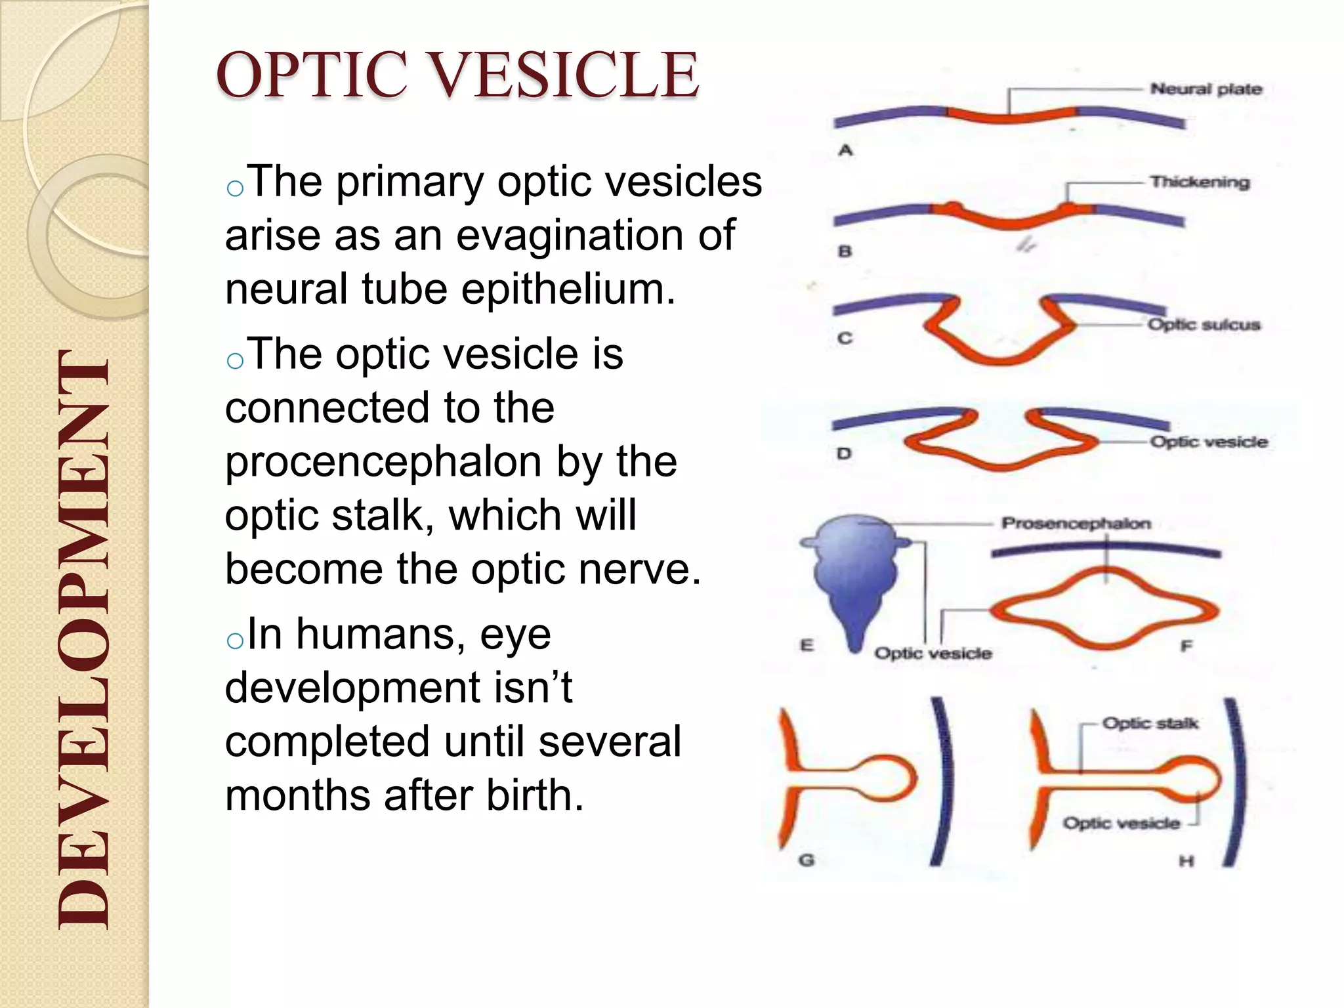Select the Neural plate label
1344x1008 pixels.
(x=1206, y=89)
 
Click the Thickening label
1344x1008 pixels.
(x=1199, y=182)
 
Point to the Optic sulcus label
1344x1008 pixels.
(x=1204, y=324)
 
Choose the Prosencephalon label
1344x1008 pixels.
(x=1076, y=523)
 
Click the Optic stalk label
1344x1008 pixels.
(x=1150, y=723)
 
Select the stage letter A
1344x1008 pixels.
(x=845, y=150)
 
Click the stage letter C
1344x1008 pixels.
(x=845, y=338)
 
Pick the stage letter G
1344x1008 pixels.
(x=807, y=859)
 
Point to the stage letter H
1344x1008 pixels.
(x=1186, y=860)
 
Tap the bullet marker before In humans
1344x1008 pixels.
(x=234, y=640)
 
